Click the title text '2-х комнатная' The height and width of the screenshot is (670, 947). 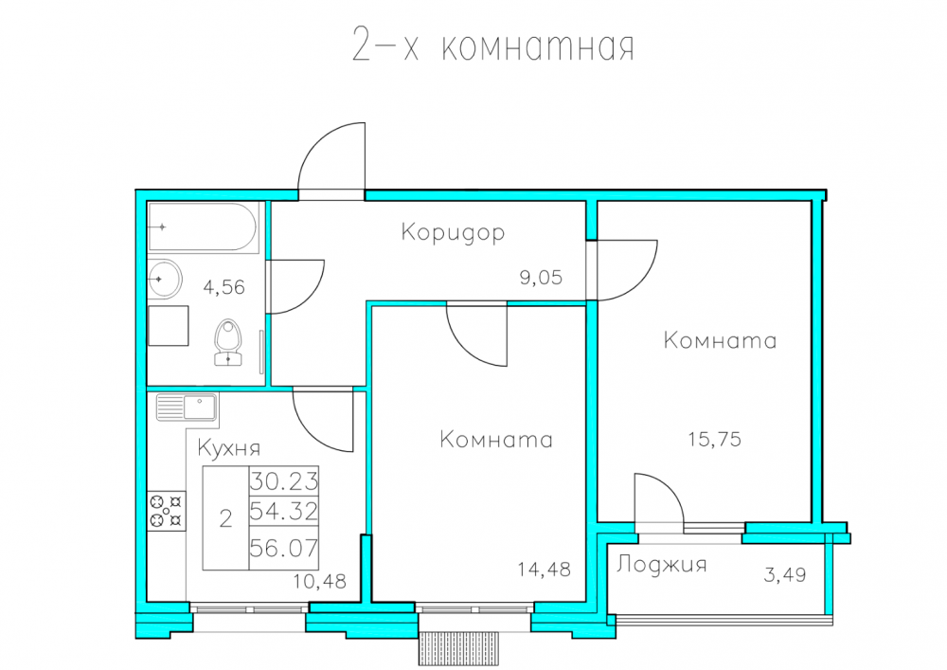point(492,45)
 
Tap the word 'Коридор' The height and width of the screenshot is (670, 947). point(453,232)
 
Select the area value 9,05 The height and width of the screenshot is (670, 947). point(541,278)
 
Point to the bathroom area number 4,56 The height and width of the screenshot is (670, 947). point(224,287)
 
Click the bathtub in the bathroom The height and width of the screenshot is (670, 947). point(204,227)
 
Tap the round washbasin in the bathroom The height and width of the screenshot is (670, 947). point(164,280)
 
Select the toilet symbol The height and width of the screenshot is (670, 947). point(228,342)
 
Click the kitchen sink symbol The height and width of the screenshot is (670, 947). point(187,407)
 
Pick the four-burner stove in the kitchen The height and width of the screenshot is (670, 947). point(167,511)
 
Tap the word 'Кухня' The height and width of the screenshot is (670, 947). point(229,448)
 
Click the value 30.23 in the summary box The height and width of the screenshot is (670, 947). point(284,481)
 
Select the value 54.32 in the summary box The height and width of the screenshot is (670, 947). point(284,512)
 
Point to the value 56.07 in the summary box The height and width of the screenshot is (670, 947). point(284,548)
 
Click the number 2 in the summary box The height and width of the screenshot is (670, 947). point(226,518)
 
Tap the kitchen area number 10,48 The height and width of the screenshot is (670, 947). point(320,581)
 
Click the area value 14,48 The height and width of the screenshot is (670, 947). point(545,570)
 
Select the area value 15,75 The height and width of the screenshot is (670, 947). point(714,439)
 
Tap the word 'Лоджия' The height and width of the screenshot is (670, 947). point(661,564)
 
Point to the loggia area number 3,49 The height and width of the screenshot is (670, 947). point(785,574)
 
